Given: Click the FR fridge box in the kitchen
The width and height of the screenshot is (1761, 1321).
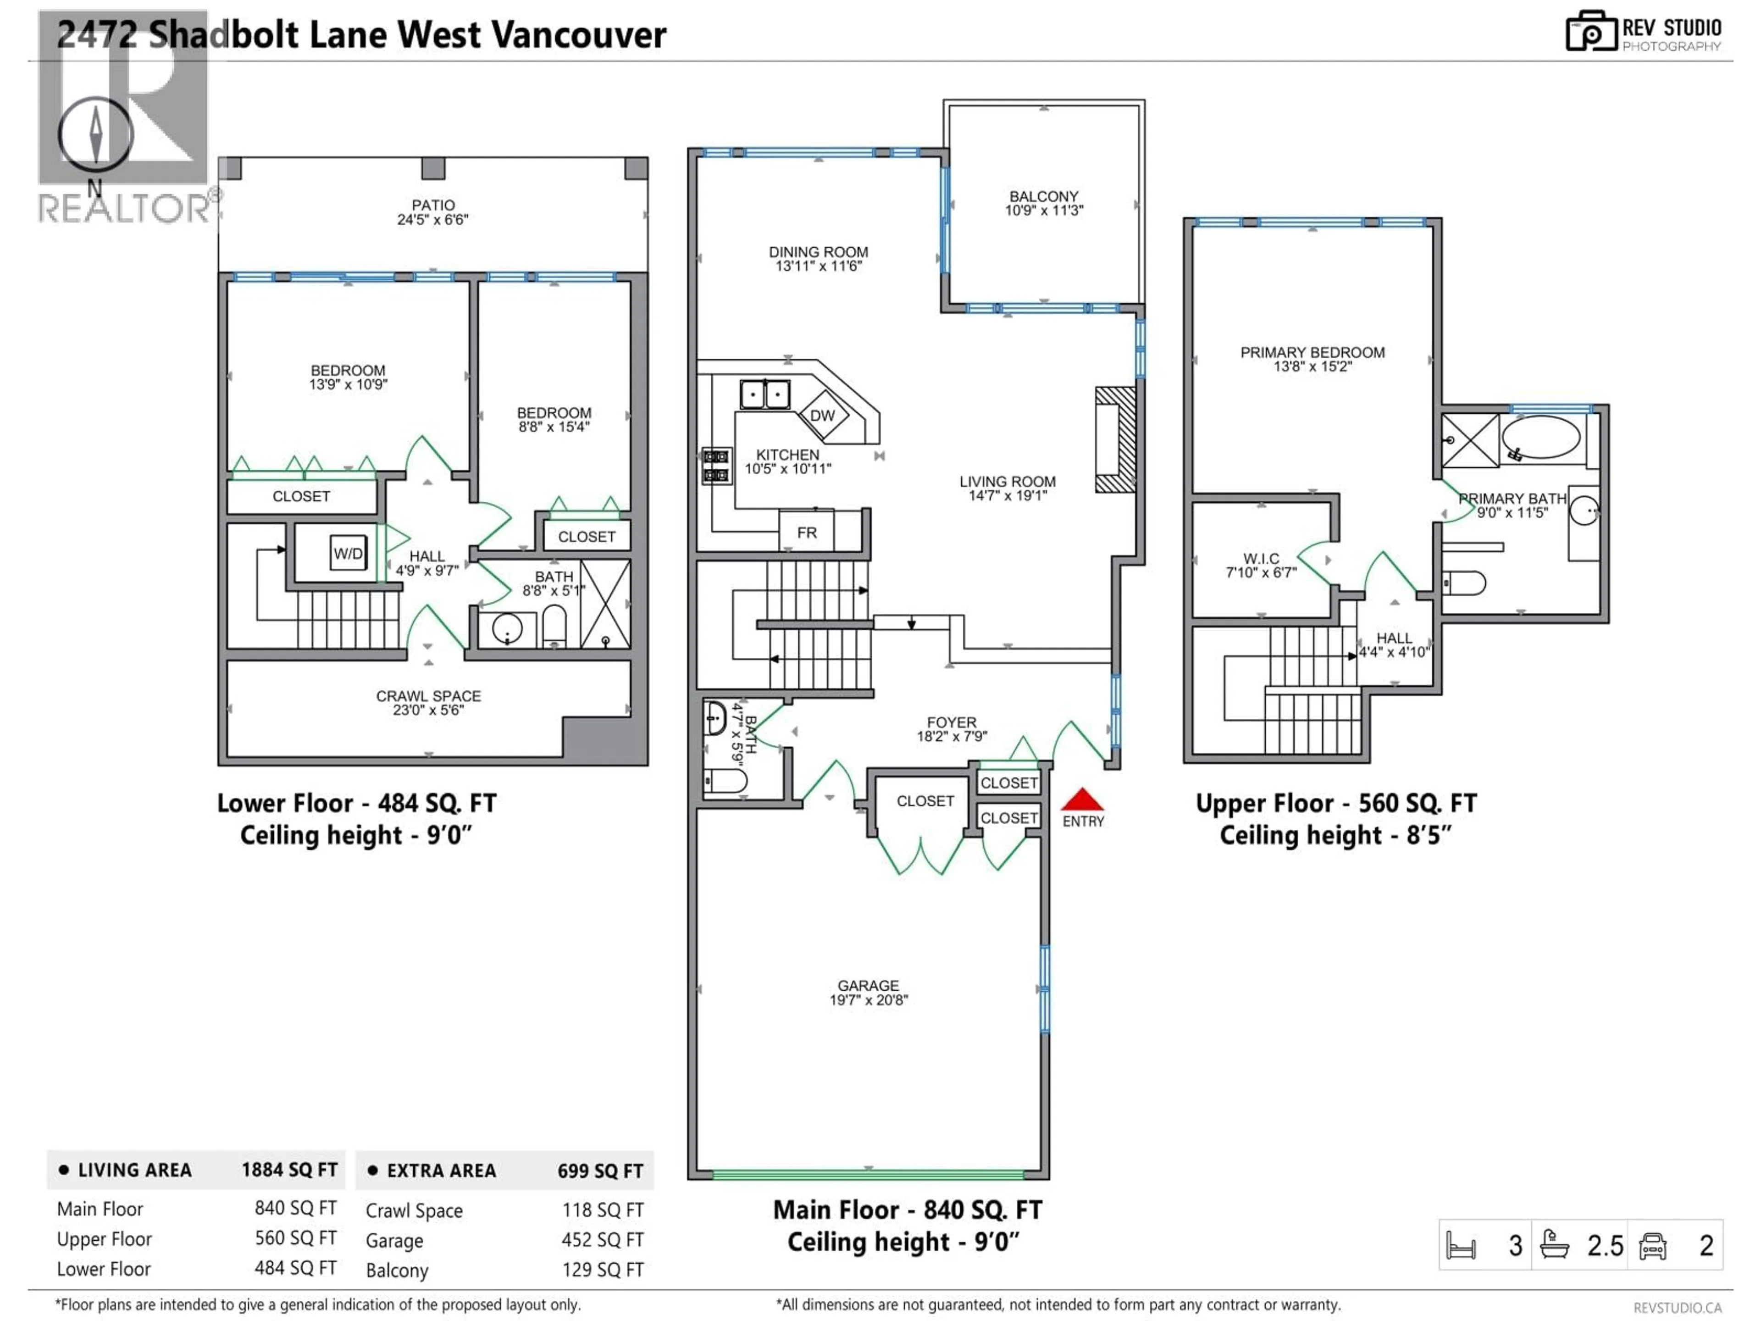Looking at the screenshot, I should coord(807,533).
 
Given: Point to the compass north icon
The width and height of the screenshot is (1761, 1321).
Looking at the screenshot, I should coord(95,134).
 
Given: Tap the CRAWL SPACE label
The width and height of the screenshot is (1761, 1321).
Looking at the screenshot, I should coord(428,696).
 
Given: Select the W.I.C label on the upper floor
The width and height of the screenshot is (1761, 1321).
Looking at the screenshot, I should coord(1261,559).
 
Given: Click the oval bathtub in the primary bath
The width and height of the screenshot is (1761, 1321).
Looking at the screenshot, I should coord(1540,437).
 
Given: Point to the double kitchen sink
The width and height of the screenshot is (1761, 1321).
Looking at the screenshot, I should coord(765,394).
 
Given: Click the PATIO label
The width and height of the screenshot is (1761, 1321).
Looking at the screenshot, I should coord(433,205).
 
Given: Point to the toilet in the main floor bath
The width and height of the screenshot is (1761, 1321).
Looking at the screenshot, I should coord(726,780).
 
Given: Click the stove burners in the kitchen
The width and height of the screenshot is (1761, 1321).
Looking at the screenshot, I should coord(716,466).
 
